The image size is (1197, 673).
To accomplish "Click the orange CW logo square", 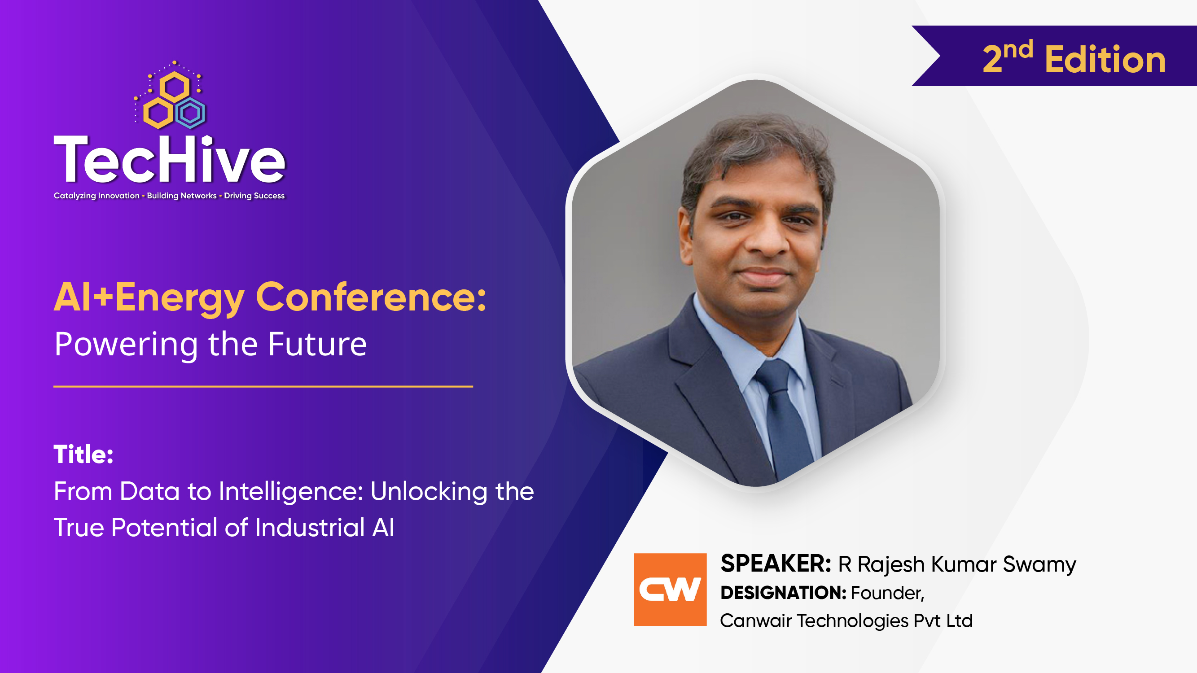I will (x=670, y=590).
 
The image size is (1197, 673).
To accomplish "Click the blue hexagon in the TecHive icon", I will (x=190, y=113).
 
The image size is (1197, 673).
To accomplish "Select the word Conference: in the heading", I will (x=371, y=297).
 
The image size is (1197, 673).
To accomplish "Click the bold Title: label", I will (x=83, y=454).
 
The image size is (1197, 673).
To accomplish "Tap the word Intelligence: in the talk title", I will (x=291, y=491).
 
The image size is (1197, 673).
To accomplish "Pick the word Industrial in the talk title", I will (x=310, y=528).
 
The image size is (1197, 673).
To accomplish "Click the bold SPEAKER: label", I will (x=776, y=564).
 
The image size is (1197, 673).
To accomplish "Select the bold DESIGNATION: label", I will (x=783, y=593).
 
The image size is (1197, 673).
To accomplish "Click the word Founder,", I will (x=887, y=593).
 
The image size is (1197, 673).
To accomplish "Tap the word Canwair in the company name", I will (x=755, y=621).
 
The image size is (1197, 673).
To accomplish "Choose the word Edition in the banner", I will (x=1105, y=61).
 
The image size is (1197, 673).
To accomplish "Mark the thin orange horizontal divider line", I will (x=263, y=386).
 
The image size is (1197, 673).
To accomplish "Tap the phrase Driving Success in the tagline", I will (x=254, y=196).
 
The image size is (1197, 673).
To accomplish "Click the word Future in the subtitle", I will (x=317, y=345).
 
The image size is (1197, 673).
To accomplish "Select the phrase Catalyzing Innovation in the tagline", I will (x=96, y=196).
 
